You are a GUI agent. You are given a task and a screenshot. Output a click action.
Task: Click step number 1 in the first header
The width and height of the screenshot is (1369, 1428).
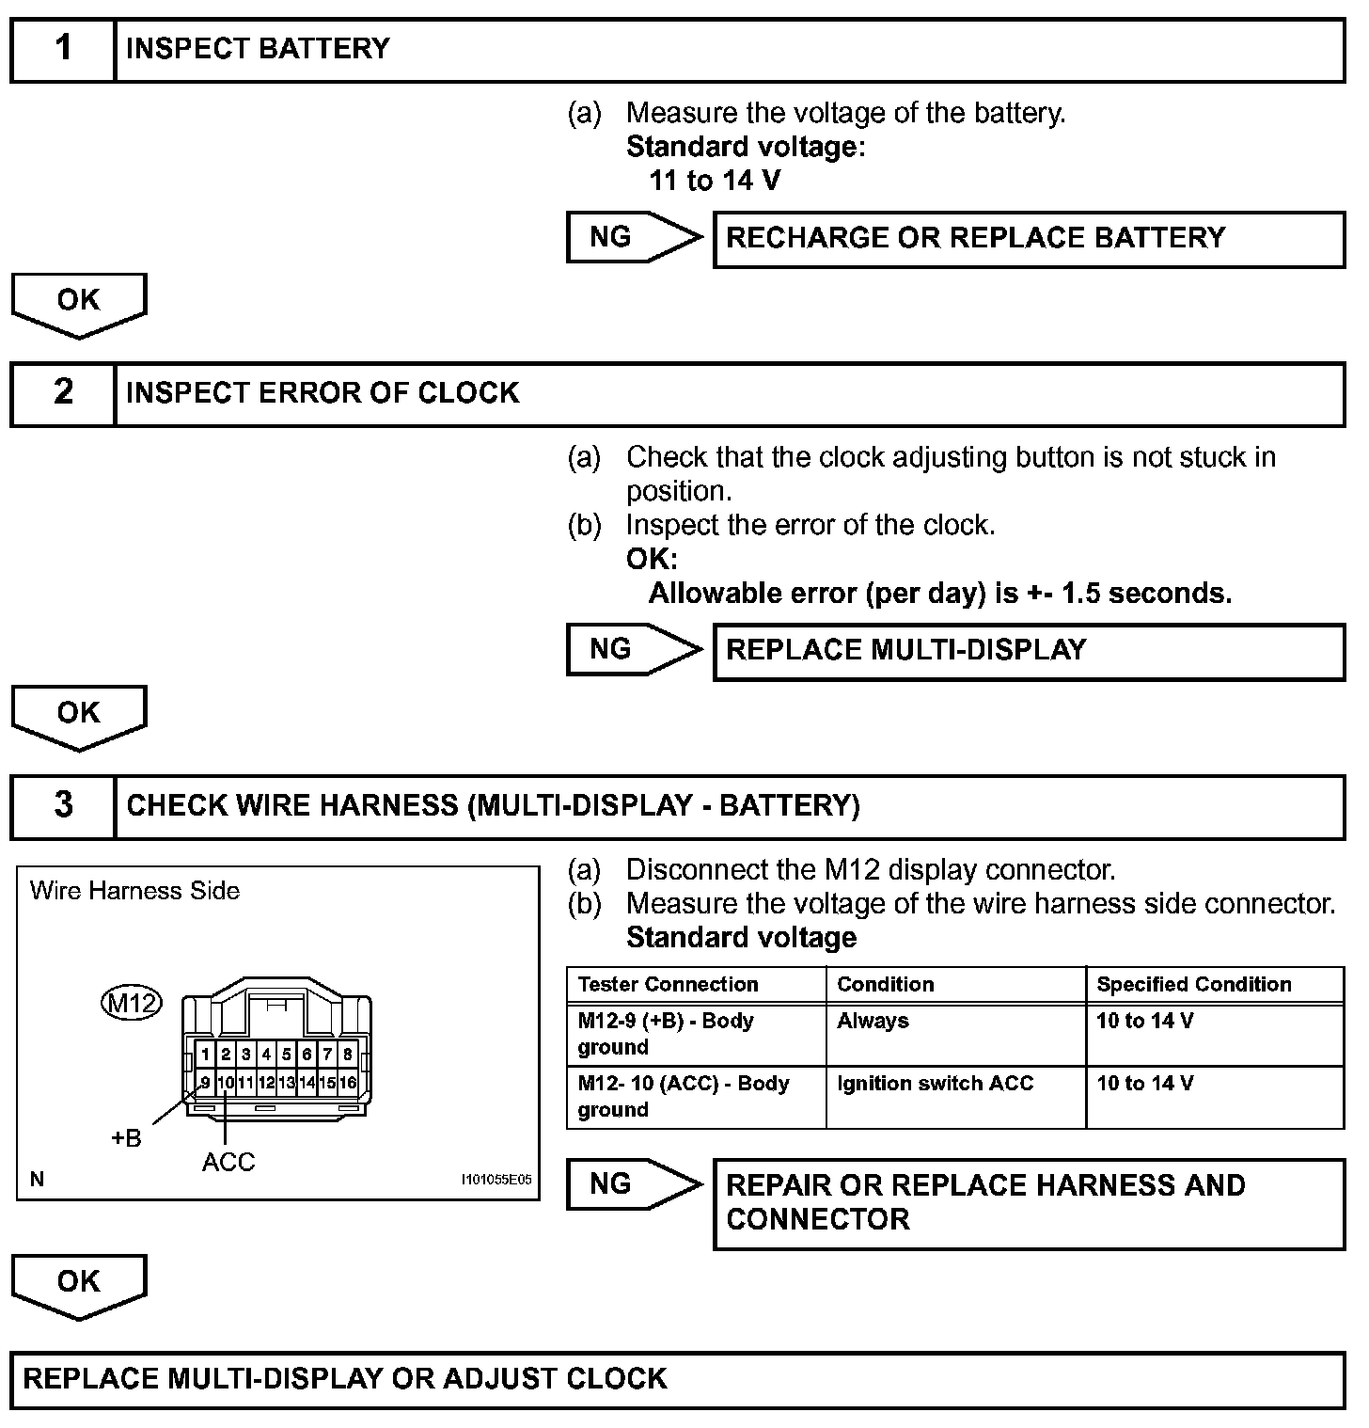click(x=63, y=48)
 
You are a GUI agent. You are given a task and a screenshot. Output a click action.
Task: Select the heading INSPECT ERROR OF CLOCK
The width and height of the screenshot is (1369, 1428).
click(x=323, y=392)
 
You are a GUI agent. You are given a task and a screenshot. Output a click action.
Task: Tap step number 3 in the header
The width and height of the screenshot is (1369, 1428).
click(x=63, y=805)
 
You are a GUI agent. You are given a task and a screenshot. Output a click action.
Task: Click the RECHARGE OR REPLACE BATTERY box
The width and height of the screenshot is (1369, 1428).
click(x=1029, y=239)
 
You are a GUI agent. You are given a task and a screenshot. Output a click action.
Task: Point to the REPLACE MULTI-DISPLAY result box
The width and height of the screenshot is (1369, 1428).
click(x=1029, y=651)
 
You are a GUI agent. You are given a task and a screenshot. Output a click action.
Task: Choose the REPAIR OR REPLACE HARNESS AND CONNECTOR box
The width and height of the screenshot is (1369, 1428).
click(x=1029, y=1203)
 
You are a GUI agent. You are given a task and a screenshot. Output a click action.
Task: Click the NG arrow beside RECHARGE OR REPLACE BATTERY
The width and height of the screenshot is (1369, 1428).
click(x=633, y=237)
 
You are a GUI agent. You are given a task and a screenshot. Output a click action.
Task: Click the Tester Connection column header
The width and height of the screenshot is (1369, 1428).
click(x=669, y=985)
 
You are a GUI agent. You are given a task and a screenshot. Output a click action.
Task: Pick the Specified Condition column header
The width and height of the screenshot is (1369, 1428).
click(x=1194, y=985)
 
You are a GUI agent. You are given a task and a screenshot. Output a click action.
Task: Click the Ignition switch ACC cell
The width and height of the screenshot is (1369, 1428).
click(x=935, y=1084)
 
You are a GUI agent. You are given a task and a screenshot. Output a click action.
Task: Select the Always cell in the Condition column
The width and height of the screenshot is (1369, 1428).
click(x=873, y=1022)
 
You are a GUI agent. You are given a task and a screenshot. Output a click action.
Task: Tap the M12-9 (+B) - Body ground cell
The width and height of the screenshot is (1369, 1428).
click(x=666, y=1034)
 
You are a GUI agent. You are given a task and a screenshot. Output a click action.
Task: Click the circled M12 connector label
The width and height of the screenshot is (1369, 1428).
click(x=131, y=1004)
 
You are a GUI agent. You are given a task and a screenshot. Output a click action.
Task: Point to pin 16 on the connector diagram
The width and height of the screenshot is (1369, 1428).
click(x=348, y=1083)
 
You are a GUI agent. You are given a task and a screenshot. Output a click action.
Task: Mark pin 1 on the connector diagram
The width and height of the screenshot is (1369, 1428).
click(x=206, y=1055)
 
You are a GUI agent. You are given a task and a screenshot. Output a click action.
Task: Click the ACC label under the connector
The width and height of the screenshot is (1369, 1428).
click(x=228, y=1163)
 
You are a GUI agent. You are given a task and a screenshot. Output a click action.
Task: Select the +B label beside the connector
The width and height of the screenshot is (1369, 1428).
click(x=126, y=1138)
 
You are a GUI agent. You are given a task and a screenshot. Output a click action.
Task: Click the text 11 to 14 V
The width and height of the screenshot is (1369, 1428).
click(x=715, y=181)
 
